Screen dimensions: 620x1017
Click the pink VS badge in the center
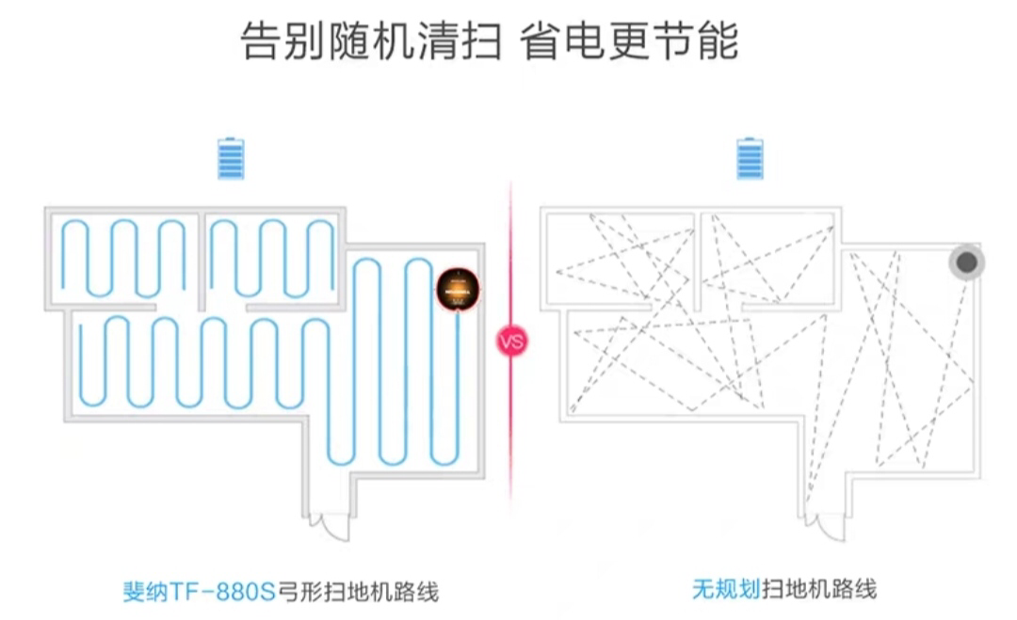(x=511, y=342)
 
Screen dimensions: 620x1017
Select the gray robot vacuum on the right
(x=966, y=263)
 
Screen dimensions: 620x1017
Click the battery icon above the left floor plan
(x=231, y=159)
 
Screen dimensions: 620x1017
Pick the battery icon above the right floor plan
(x=750, y=159)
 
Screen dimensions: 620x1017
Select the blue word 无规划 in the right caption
(x=725, y=590)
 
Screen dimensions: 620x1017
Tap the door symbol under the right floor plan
(x=825, y=526)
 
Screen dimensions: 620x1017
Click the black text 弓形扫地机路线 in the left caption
(x=358, y=592)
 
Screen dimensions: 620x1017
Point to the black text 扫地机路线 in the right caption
(x=818, y=590)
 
